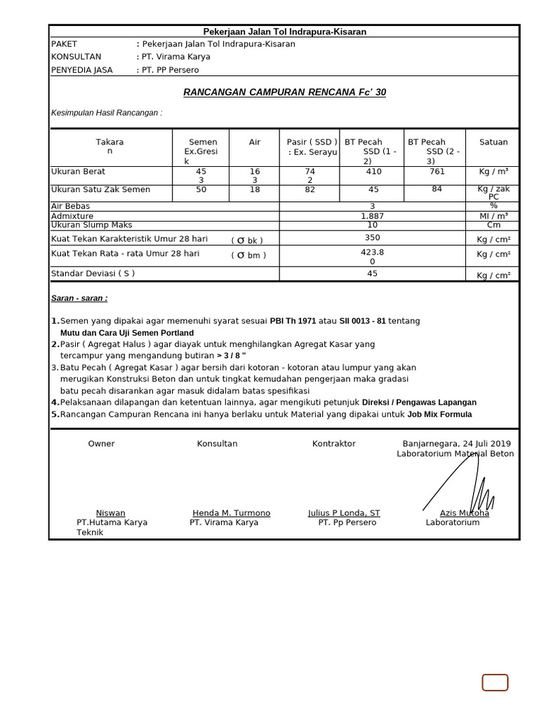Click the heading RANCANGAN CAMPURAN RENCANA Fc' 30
[x=284, y=93]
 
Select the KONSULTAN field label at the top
[x=76, y=57]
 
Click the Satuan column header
[x=493, y=142]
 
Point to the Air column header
[x=255, y=142]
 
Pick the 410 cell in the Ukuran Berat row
[x=373, y=171]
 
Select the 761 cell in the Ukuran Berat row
[x=437, y=171]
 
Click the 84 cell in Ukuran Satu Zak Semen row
[x=437, y=189]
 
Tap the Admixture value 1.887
[x=372, y=217]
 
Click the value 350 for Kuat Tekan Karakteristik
[x=372, y=238]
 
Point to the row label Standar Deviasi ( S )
[x=93, y=273]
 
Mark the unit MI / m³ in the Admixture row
[x=493, y=217]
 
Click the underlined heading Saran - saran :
[x=79, y=299]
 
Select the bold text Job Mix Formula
[x=439, y=414]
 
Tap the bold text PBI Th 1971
[x=293, y=321]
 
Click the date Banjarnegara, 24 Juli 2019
[x=456, y=444]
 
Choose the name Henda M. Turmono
[x=231, y=513]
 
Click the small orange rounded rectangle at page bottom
[x=495, y=682]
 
